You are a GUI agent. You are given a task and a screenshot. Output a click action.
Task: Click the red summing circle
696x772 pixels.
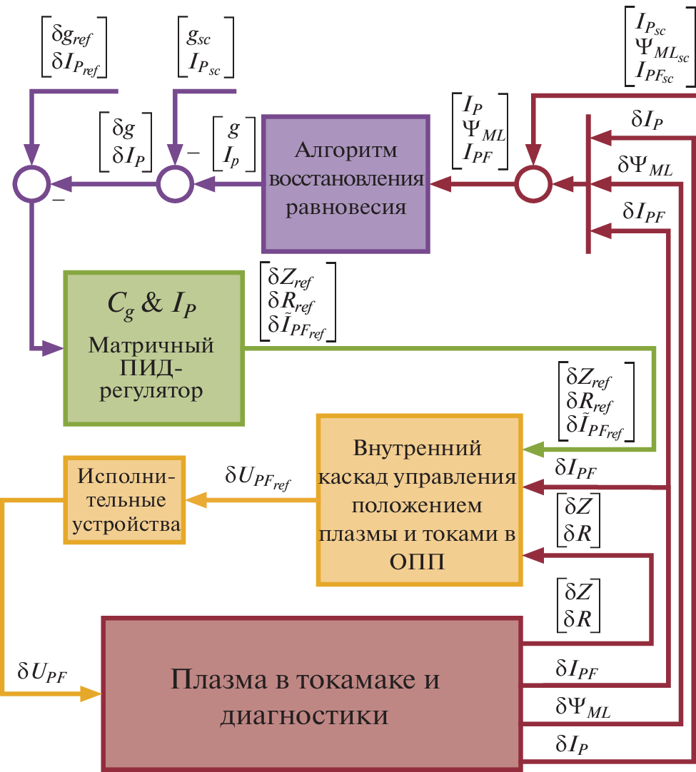[x=533, y=183]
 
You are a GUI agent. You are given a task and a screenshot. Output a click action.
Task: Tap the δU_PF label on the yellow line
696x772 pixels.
[x=42, y=672]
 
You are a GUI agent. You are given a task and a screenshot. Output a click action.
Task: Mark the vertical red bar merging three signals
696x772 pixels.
[x=587, y=183]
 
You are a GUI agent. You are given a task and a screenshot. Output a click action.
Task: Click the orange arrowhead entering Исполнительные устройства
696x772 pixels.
[x=196, y=500]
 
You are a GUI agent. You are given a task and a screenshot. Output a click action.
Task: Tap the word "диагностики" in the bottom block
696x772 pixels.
[x=305, y=714]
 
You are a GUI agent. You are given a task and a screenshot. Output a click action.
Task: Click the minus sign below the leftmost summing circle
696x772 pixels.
[x=56, y=202]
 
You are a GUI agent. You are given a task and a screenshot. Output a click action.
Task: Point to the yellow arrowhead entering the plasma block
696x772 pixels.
[x=91, y=693]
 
